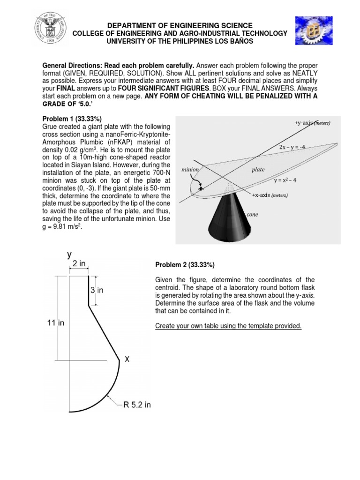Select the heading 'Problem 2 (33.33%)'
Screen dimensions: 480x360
[x=185, y=265]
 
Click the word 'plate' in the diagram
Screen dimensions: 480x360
[x=258, y=170]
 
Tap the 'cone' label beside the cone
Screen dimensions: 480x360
[x=253, y=214]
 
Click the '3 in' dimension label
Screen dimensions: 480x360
[x=97, y=291]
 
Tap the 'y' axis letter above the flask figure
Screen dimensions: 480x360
[x=69, y=255]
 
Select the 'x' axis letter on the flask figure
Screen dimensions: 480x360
[x=127, y=359]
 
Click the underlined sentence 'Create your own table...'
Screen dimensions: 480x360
[x=228, y=325]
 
